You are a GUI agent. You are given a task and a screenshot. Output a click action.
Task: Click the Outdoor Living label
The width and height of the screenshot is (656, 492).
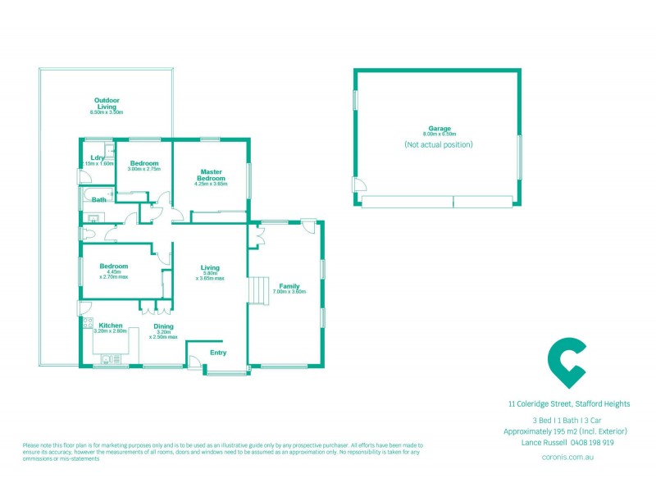tap(106, 103)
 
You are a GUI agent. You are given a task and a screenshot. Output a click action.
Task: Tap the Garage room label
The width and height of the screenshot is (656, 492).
tap(438, 129)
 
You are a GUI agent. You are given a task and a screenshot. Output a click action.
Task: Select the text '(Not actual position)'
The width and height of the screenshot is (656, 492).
tap(438, 144)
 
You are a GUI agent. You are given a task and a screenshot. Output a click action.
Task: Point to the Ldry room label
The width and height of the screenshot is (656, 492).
tap(97, 158)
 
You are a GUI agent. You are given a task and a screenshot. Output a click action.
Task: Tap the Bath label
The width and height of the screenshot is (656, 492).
tap(98, 199)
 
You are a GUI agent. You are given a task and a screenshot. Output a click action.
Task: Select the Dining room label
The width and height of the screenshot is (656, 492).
tap(163, 326)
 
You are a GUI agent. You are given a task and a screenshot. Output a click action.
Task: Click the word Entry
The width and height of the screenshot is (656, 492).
tap(218, 353)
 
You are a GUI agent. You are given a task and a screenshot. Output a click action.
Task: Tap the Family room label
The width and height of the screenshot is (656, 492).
tap(289, 286)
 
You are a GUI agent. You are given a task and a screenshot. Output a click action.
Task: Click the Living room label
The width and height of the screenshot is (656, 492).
tap(211, 267)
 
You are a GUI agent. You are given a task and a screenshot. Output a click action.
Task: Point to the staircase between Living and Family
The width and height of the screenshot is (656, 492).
tap(259, 290)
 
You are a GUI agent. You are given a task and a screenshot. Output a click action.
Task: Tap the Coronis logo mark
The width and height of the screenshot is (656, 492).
tap(567, 362)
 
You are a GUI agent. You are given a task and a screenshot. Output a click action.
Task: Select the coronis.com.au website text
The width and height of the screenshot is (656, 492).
tap(567, 455)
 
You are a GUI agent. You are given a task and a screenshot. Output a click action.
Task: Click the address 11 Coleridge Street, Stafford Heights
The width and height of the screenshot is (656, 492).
tap(567, 403)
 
